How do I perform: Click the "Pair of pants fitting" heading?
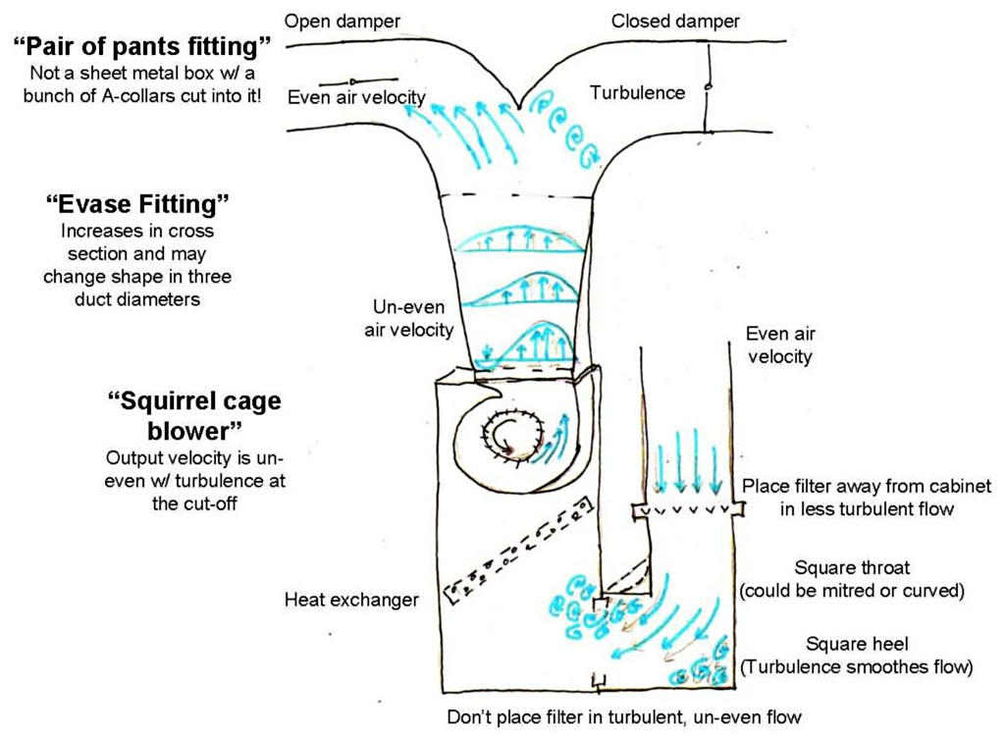[x=143, y=45]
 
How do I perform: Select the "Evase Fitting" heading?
[x=137, y=205]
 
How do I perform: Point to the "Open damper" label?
[x=334, y=21]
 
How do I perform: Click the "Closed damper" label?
[x=675, y=21]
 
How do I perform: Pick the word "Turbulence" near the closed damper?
[x=637, y=92]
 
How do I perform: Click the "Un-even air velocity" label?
[x=411, y=317]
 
